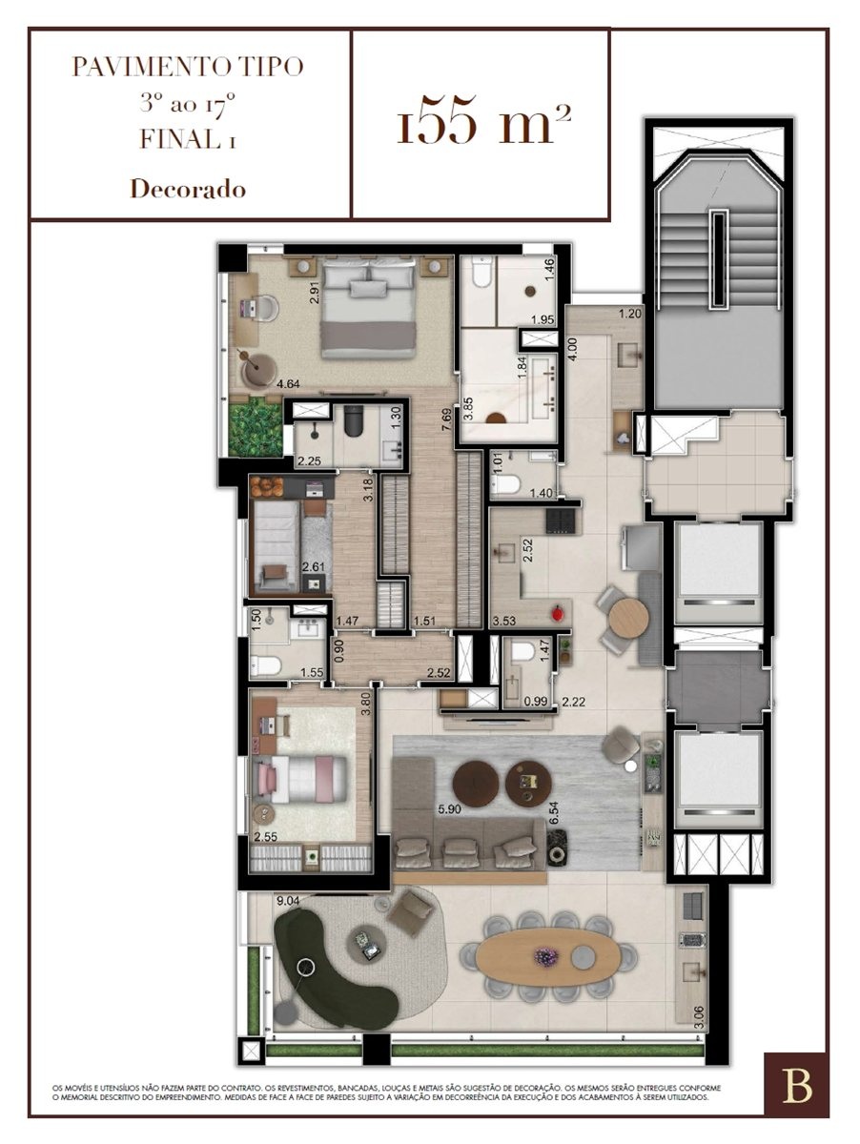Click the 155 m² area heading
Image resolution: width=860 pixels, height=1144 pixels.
coord(483,119)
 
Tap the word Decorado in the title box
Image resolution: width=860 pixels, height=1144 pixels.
coord(188,189)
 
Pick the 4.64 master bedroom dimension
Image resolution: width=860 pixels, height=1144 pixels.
coord(288,384)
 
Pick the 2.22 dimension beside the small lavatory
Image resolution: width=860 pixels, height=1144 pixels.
coord(573,702)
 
